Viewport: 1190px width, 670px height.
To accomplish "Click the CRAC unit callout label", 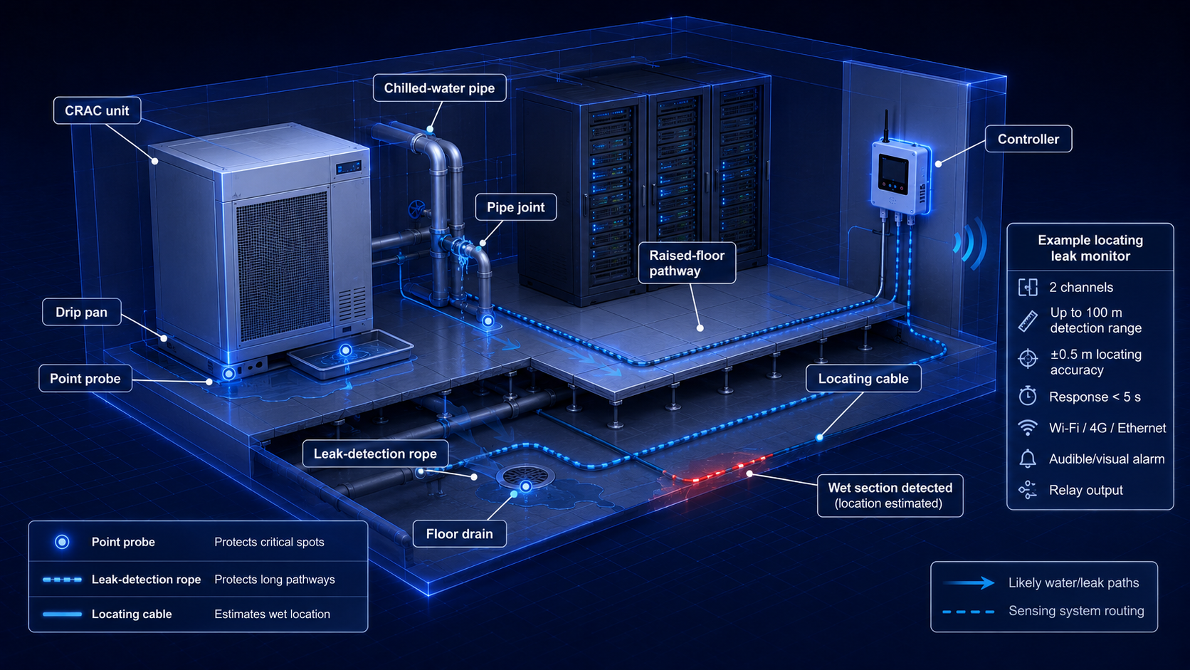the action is [98, 110].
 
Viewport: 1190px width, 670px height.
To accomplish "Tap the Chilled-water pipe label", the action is [439, 88].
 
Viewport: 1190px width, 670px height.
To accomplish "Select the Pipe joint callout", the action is [515, 207].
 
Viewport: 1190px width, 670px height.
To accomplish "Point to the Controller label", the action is [1028, 140].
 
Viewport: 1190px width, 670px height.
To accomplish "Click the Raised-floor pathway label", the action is [687, 263].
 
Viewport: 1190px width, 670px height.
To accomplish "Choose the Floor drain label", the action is [460, 533].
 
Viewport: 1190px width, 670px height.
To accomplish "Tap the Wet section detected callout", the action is [890, 495].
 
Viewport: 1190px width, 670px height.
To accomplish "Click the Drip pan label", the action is [82, 312].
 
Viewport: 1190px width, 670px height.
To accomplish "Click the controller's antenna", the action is [886, 126].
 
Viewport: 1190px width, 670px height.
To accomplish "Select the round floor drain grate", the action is [525, 476].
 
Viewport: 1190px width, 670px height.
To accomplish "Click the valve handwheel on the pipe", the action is [416, 209].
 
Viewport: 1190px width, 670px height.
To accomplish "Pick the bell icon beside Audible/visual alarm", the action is [1028, 459].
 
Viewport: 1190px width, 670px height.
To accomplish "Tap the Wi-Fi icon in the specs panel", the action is [1028, 428].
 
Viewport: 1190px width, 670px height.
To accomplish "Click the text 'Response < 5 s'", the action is [1095, 397].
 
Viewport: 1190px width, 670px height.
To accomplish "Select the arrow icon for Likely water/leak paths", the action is [969, 583].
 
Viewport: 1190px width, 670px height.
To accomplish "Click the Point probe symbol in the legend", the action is [62, 542].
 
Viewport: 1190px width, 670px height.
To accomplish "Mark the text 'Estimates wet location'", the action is [272, 614].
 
